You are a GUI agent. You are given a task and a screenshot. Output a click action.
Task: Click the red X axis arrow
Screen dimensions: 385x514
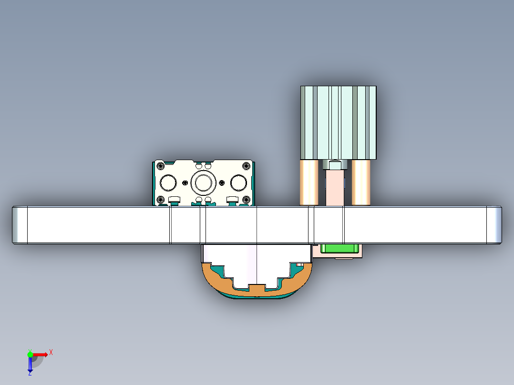coord(40,354)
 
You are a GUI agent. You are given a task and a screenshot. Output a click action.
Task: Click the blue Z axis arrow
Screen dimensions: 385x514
coord(30,365)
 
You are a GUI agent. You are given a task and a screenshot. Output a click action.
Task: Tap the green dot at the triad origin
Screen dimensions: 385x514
coord(30,354)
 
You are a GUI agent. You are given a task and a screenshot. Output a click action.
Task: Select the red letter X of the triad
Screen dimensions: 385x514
coord(51,353)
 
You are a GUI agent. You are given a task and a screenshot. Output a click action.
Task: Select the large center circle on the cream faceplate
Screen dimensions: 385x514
coord(203,182)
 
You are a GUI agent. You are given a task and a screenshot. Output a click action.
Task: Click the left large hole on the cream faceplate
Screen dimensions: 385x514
coord(168,182)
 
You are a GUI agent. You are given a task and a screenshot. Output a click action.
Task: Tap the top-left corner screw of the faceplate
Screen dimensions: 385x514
coord(160,166)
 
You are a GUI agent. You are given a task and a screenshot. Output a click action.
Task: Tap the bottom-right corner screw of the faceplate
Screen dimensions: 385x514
coord(246,200)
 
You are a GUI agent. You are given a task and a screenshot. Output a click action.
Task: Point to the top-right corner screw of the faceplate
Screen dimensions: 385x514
coord(246,166)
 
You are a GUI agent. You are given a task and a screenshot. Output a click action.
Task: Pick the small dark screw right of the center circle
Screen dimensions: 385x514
coord(221,182)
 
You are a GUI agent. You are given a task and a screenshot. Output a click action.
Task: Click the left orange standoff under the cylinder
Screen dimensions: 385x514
coord(309,182)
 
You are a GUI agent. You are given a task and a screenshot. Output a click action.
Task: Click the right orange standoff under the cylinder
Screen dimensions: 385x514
coord(361,182)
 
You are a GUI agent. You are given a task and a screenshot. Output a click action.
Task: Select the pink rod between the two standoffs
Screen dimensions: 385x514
coord(335,188)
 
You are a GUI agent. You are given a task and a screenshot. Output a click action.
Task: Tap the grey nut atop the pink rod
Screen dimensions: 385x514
coord(335,164)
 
